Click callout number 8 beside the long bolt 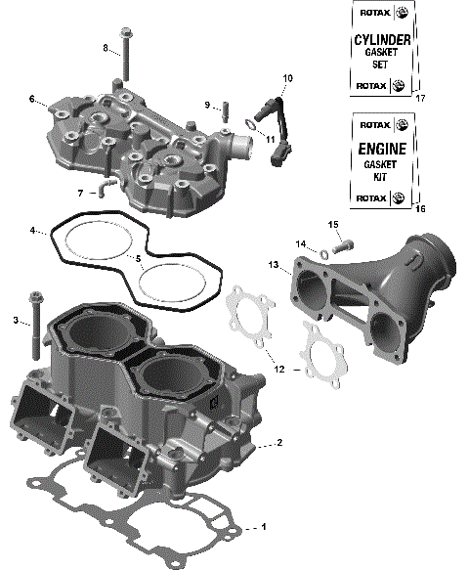pyautogui.click(x=106, y=48)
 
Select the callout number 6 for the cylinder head pyautogui.click(x=31, y=99)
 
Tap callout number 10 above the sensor pyautogui.click(x=287, y=77)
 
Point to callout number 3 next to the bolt pyautogui.click(x=16, y=320)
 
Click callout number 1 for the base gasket pyautogui.click(x=262, y=528)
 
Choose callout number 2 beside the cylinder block pyautogui.click(x=279, y=443)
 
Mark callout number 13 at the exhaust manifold pyautogui.click(x=275, y=264)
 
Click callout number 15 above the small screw pyautogui.click(x=333, y=225)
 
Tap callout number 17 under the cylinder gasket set pyautogui.click(x=421, y=99)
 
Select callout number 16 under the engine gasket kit pyautogui.click(x=421, y=209)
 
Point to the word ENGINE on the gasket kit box pyautogui.click(x=379, y=153)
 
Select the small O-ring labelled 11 pyautogui.click(x=251, y=124)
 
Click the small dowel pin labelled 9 pyautogui.click(x=223, y=106)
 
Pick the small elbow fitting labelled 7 pyautogui.click(x=111, y=183)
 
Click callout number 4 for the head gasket pyautogui.click(x=32, y=231)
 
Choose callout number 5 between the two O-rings pyautogui.click(x=139, y=258)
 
